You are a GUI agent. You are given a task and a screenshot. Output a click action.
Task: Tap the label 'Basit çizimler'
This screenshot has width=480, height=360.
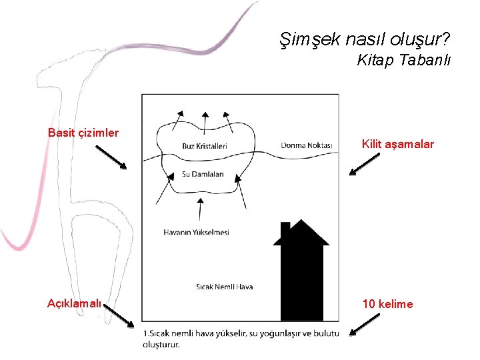83,133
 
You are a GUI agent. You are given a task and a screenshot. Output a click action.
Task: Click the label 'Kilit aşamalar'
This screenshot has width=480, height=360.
397,144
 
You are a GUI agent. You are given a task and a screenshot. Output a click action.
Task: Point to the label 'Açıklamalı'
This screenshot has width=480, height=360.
75,304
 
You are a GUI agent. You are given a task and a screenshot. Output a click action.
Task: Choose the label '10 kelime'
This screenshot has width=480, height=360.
387,304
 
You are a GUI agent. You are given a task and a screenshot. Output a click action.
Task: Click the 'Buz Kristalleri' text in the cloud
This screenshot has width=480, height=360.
205,146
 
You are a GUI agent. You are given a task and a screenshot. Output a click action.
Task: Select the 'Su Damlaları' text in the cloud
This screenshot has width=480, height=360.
203,175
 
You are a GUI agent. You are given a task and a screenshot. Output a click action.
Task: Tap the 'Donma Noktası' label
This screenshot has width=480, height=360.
306,145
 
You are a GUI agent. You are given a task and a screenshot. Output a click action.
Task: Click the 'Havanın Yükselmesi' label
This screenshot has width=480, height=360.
196,233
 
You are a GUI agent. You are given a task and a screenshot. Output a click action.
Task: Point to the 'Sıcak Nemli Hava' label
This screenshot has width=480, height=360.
224,287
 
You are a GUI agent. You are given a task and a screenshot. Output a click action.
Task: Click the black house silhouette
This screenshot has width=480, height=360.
301,273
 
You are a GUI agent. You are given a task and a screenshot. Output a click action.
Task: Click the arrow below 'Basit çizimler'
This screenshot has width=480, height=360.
110,157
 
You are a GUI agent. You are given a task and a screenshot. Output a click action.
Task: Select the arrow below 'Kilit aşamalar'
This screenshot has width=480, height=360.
363,166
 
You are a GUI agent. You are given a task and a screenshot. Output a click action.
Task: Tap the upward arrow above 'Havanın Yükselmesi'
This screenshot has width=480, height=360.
200,208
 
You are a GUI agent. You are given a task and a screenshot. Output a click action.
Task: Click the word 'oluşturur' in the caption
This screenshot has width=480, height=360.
161,345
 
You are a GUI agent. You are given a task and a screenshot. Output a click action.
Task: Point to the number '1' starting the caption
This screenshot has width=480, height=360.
145,333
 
